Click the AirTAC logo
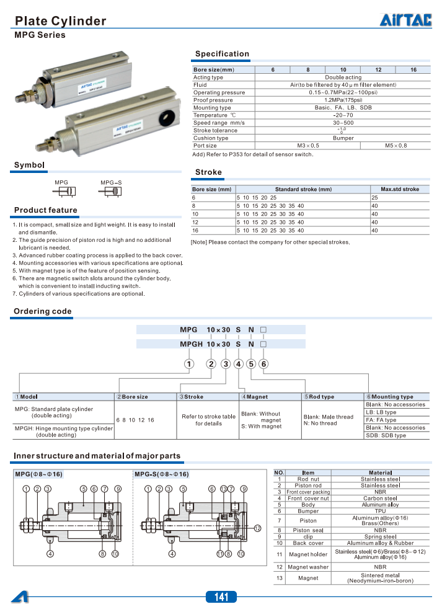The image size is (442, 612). point(405,20)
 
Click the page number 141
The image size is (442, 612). point(221,597)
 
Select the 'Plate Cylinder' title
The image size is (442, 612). point(60,21)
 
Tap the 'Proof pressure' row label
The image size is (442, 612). point(213,100)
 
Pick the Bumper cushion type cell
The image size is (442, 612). point(343,138)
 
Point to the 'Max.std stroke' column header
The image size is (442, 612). point(399,189)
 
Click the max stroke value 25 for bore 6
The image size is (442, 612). point(374,197)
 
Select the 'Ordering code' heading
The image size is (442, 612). point(43,311)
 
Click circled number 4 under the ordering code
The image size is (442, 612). point(238,364)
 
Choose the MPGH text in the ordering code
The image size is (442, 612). point(191,344)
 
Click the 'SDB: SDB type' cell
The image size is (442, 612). point(386,435)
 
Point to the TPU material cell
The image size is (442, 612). point(380,512)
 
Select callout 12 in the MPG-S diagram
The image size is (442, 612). point(258,528)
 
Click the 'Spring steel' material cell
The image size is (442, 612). point(380,536)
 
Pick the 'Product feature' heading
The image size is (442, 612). point(46,210)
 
